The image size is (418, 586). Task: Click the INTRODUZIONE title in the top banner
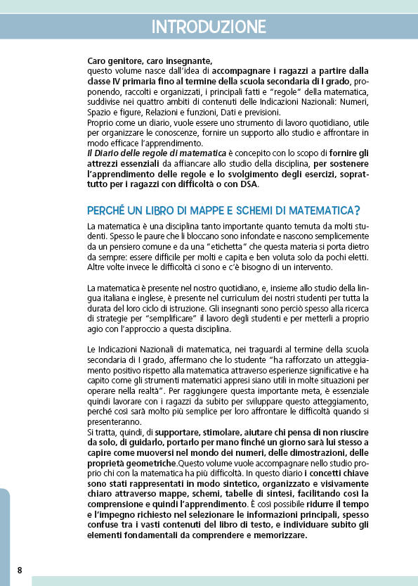click(209, 27)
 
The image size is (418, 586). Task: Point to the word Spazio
click(100, 112)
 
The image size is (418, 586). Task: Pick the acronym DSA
click(248, 184)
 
